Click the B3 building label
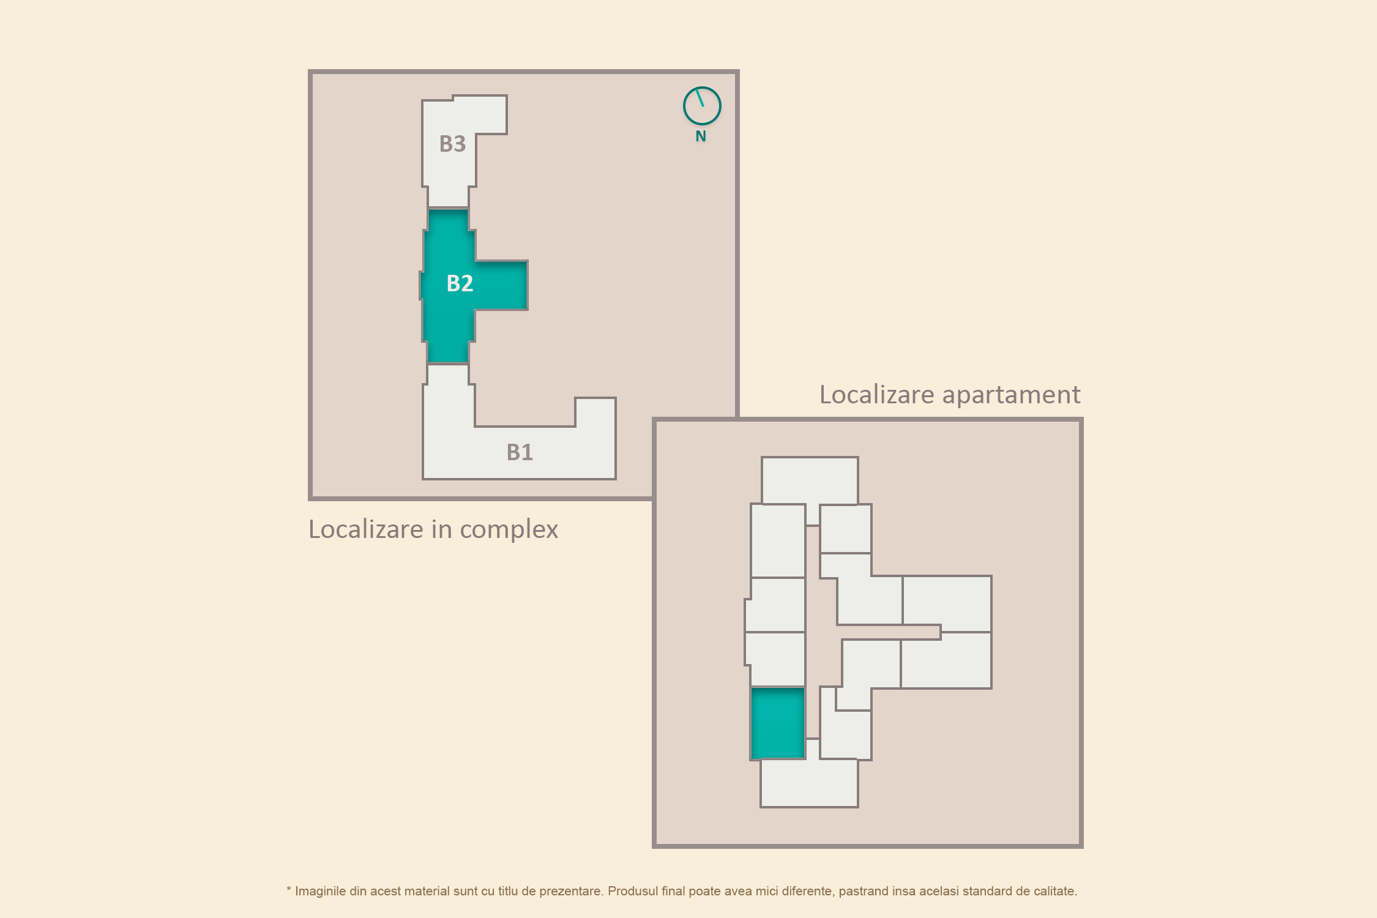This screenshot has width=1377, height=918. tap(452, 144)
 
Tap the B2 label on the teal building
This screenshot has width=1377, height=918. tap(460, 283)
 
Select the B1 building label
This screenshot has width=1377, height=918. tap(520, 452)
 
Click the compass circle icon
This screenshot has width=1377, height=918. tap(702, 106)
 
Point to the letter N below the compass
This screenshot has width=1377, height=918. tap(701, 136)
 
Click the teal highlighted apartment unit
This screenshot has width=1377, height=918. tap(777, 723)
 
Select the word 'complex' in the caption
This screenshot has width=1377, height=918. tap(509, 530)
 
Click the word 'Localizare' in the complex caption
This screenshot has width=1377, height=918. tap(366, 529)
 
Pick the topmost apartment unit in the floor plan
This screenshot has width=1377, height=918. tap(810, 481)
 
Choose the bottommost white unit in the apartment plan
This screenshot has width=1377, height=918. tap(809, 783)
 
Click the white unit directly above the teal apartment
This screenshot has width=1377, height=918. tap(775, 659)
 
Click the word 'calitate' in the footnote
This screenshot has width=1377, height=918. tap(1054, 891)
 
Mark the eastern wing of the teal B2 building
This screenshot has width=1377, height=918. tap(501, 285)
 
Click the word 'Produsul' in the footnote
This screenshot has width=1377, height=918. tap(633, 891)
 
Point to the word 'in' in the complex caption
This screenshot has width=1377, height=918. tap(441, 529)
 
